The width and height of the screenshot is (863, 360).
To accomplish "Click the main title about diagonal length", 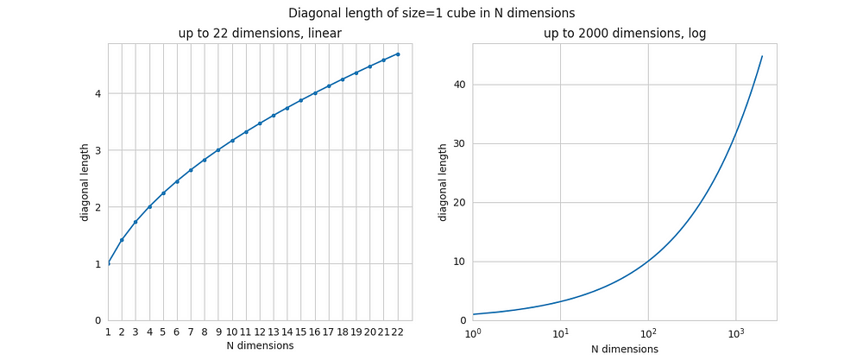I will (x=431, y=13).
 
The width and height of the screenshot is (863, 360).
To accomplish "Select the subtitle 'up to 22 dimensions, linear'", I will (x=260, y=34).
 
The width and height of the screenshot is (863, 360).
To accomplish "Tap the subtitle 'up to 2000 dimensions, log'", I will (x=624, y=34).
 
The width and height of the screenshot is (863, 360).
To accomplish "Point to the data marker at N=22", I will (x=398, y=54).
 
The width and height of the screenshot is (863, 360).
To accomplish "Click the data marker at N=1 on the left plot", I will (x=108, y=263).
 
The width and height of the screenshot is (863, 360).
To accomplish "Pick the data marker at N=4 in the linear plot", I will (x=149, y=206).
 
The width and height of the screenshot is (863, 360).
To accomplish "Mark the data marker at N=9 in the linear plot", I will (x=218, y=149).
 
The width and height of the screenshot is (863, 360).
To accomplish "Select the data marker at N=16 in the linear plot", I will (x=315, y=92).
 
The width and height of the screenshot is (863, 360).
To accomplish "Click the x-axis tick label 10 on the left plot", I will (x=232, y=332).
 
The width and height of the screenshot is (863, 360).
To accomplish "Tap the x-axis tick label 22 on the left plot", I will (x=398, y=332).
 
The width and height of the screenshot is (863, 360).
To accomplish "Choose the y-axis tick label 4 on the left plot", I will (x=98, y=93).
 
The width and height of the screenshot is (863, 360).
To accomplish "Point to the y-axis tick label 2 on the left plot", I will (x=98, y=207).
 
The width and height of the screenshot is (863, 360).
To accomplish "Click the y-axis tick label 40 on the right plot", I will (x=459, y=85).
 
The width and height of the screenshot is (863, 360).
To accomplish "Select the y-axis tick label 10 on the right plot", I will (x=459, y=262).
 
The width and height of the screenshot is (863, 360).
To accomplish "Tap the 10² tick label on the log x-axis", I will (x=647, y=332).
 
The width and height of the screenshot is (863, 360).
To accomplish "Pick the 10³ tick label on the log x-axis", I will (x=735, y=332).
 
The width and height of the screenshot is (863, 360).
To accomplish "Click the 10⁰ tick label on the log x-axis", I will (x=472, y=332).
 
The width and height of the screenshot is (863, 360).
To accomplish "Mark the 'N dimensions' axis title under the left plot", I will (x=260, y=346).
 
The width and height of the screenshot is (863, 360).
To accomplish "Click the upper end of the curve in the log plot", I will (x=762, y=56).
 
